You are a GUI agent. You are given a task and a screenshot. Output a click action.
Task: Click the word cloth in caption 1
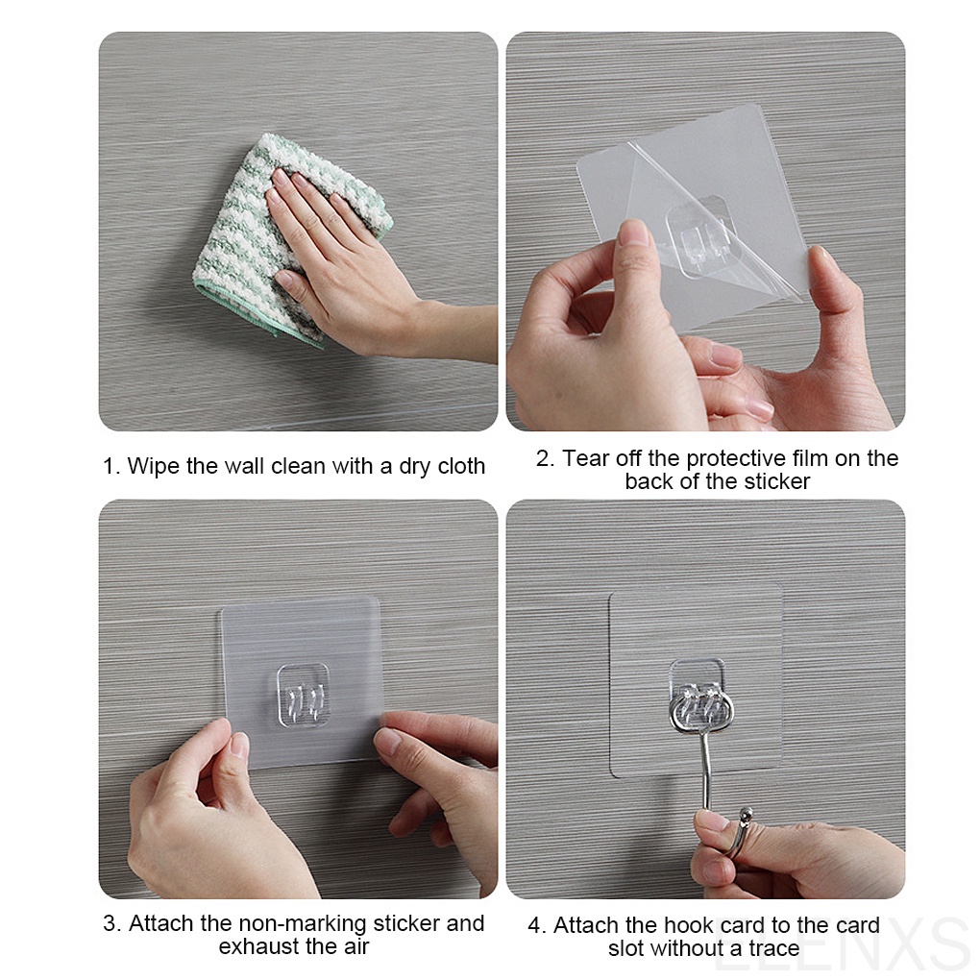[456, 467]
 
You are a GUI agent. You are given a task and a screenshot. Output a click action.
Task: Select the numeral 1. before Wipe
[111, 467]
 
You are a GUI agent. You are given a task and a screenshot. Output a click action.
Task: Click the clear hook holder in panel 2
[698, 236]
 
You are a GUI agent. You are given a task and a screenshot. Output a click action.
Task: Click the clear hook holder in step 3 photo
[303, 694]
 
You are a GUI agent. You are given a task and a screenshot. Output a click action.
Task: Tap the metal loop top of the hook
[700, 710]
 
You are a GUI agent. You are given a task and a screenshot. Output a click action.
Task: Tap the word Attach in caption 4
[586, 926]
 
